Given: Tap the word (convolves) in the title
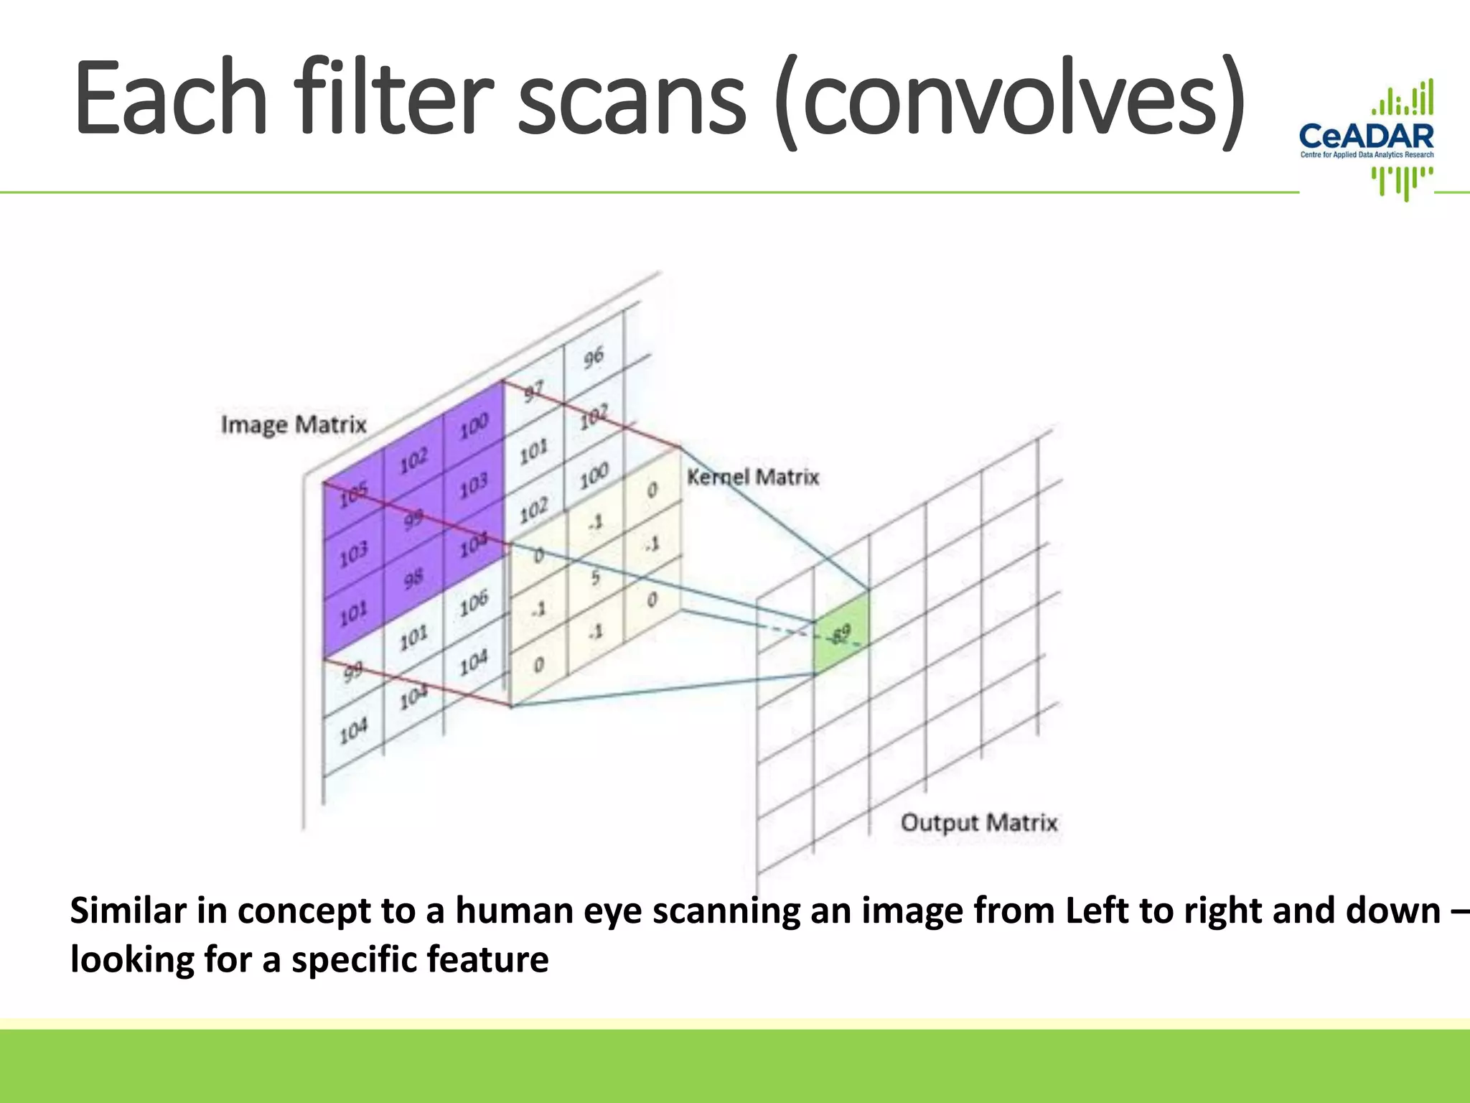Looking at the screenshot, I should pos(1011,101).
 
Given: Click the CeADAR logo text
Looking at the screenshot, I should pos(1366,136).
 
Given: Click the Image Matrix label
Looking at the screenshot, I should pos(294,424).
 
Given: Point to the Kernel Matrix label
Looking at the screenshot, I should pos(753,477).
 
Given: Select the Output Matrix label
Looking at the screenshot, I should pos(979,822).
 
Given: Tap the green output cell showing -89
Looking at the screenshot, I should pos(841,633).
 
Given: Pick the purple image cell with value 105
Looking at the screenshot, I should pos(354,494).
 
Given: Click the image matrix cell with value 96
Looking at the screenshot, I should pos(594,357).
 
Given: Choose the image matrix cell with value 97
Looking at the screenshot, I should pos(534,392).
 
